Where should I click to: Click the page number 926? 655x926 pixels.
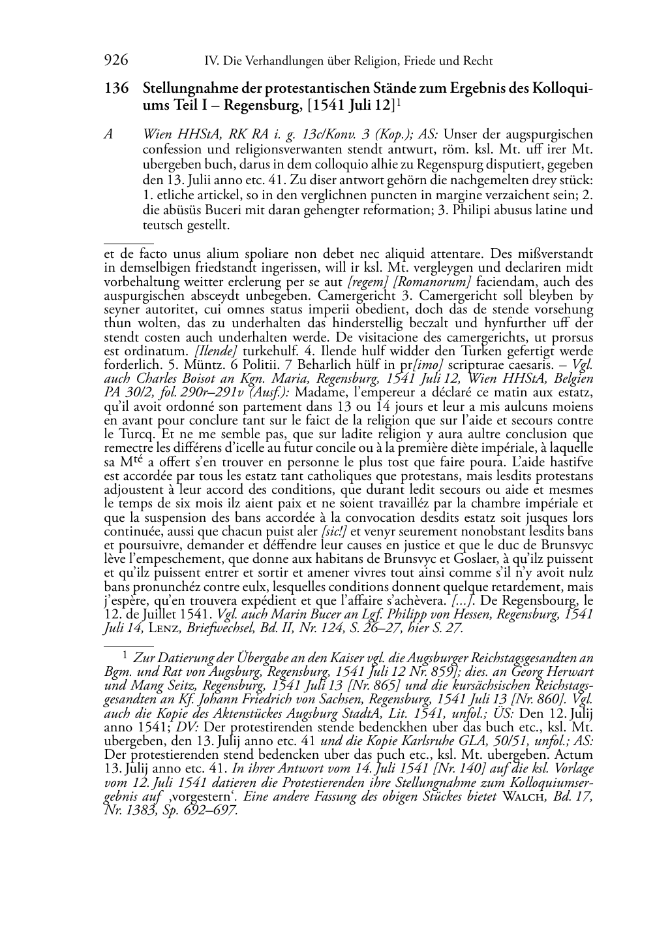click(x=115, y=61)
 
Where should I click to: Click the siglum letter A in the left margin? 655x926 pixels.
click(x=109, y=135)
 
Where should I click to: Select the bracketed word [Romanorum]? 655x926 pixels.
click(x=433, y=283)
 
